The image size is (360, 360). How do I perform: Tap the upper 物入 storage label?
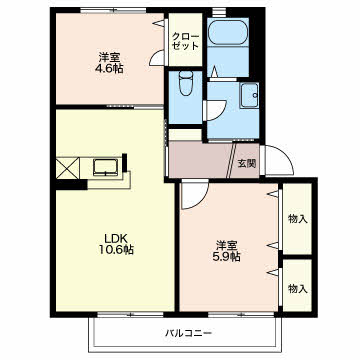pyautogui.click(x=296, y=218)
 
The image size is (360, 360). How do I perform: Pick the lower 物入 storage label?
pyautogui.click(x=296, y=288)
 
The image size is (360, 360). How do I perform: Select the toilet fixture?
pyautogui.click(x=184, y=86)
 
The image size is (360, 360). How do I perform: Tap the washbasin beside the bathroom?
pyautogui.click(x=247, y=96)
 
